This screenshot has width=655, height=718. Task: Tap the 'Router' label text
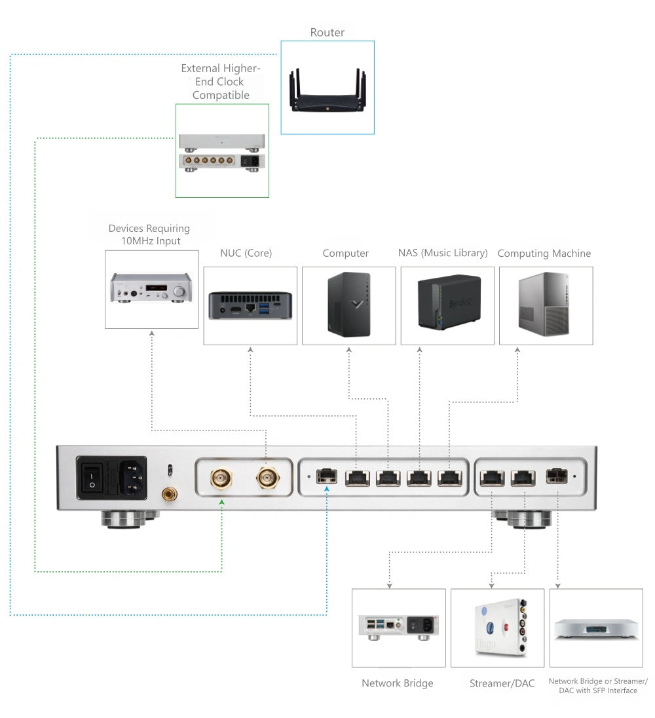(327, 32)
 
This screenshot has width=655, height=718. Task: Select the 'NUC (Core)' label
(246, 253)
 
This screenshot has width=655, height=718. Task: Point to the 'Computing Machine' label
(544, 253)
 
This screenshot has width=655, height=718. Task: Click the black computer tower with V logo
(348, 305)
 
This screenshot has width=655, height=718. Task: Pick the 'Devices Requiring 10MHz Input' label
(149, 235)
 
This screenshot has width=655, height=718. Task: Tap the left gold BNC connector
(221, 479)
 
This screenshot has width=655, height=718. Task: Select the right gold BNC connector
(266, 479)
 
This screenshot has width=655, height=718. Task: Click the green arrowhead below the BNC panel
(222, 502)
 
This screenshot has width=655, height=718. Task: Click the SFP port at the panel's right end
(557, 476)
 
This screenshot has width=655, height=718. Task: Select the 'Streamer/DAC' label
(502, 683)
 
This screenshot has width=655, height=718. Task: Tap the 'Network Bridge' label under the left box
(398, 683)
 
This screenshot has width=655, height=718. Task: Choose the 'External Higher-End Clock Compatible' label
(221, 82)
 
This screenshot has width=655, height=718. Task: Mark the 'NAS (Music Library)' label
(443, 253)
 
